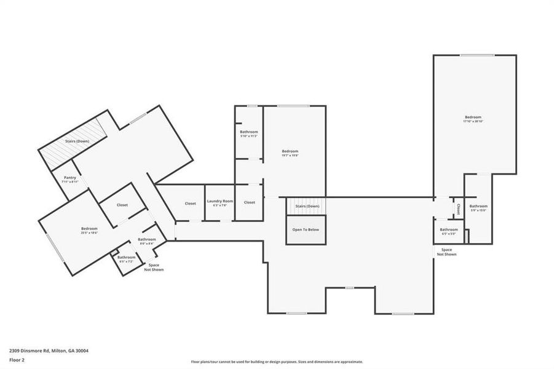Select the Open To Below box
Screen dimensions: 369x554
coord(306,230)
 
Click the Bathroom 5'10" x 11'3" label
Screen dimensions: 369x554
coord(249,133)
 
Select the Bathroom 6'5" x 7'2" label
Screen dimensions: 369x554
coord(127,259)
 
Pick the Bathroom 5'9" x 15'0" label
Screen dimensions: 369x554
coord(478,208)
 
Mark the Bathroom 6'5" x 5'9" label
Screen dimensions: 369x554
coord(449,231)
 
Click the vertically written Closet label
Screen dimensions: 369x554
coord(459,209)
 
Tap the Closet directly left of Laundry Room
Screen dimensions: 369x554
coord(191,204)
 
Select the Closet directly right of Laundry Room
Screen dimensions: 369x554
coord(249,202)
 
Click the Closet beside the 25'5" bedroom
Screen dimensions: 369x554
coord(122,205)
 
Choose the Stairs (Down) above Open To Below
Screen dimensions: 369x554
coord(307,206)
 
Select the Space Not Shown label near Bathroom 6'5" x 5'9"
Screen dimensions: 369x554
coord(446,252)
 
